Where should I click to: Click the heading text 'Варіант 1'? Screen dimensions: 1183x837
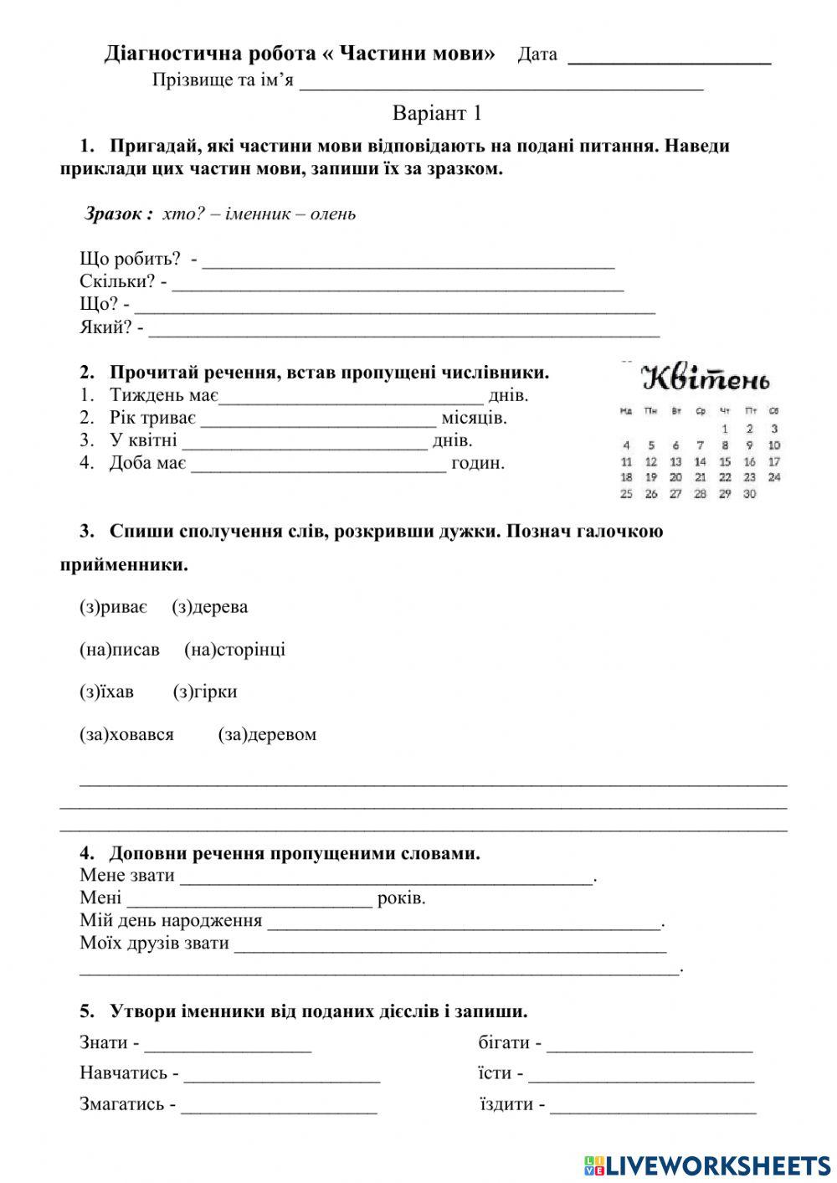click(437, 113)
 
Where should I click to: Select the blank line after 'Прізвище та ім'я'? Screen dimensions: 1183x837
click(501, 83)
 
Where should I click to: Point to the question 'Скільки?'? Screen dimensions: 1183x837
click(117, 281)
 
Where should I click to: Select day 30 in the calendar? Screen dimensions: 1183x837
click(749, 494)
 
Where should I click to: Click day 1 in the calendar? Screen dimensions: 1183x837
click(725, 429)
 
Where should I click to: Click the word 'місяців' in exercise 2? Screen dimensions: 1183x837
click(474, 417)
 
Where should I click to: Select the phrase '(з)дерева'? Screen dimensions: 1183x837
click(210, 607)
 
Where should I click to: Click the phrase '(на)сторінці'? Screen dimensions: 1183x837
click(234, 650)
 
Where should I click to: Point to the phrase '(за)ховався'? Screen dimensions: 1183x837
click(127, 735)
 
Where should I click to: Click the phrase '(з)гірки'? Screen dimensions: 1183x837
click(205, 692)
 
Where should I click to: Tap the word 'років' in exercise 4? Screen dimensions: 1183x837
click(401, 898)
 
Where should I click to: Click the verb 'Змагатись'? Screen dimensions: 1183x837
click(122, 1104)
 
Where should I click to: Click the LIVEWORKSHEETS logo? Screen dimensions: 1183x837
click(707, 1165)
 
